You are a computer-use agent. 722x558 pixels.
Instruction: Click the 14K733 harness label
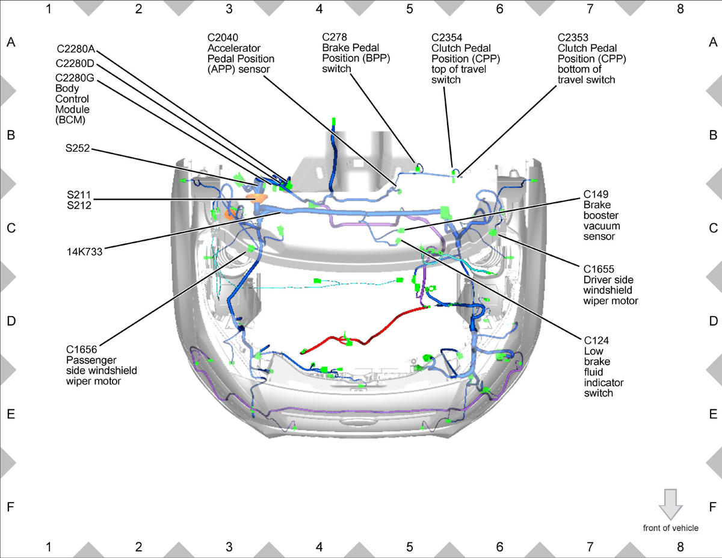point(84,252)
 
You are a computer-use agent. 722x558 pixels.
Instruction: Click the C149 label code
point(596,194)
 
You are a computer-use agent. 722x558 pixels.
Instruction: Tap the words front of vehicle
point(671,528)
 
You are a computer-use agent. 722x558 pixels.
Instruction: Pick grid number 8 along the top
point(680,8)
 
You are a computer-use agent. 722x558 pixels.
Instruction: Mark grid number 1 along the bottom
point(48,547)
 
